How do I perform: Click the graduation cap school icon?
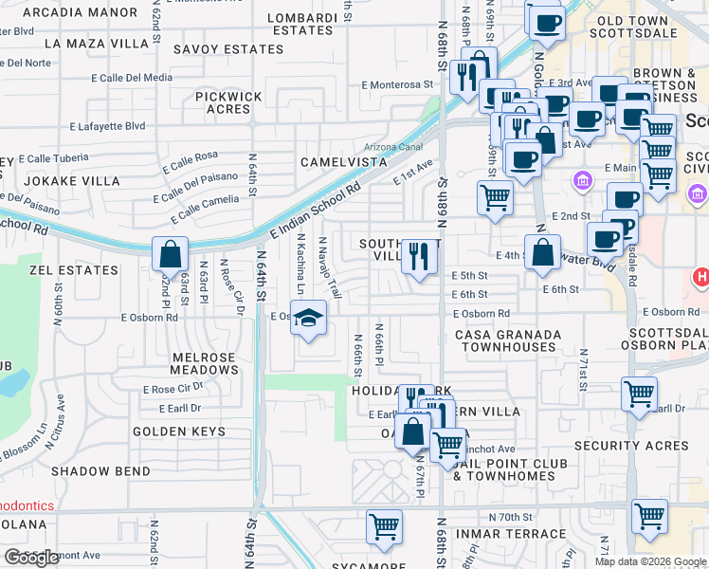[x=309, y=318]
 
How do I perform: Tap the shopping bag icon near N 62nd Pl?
[x=170, y=254]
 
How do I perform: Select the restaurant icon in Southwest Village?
[x=418, y=255]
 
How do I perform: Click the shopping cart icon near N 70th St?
[x=384, y=525]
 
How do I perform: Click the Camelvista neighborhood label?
[x=344, y=162]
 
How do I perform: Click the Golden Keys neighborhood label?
[x=179, y=431]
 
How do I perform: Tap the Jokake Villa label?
[x=72, y=180]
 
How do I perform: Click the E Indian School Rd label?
[x=316, y=208]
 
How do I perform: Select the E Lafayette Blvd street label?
[x=107, y=125]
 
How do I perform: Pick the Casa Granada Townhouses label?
[x=508, y=340]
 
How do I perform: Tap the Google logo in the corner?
[x=31, y=558]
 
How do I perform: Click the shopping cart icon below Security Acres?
[x=649, y=516]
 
